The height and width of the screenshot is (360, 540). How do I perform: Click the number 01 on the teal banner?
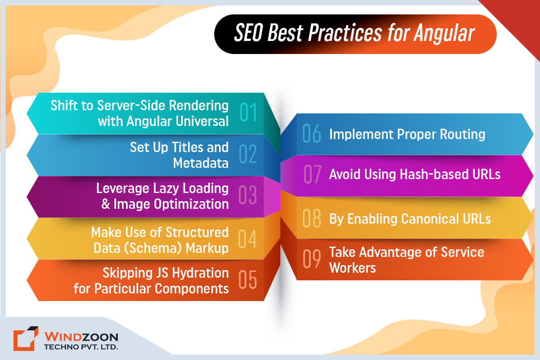(248, 113)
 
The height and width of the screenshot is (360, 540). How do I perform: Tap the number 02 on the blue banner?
(248, 155)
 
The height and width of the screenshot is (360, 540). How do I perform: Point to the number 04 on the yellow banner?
(248, 238)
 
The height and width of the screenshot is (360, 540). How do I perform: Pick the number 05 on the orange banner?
(248, 280)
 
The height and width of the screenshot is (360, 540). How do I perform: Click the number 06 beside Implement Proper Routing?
(311, 134)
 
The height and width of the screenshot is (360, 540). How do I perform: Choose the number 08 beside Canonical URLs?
(312, 218)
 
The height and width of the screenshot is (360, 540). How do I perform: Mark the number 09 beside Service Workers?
(312, 259)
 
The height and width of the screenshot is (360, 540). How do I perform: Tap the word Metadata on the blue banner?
(201, 162)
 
